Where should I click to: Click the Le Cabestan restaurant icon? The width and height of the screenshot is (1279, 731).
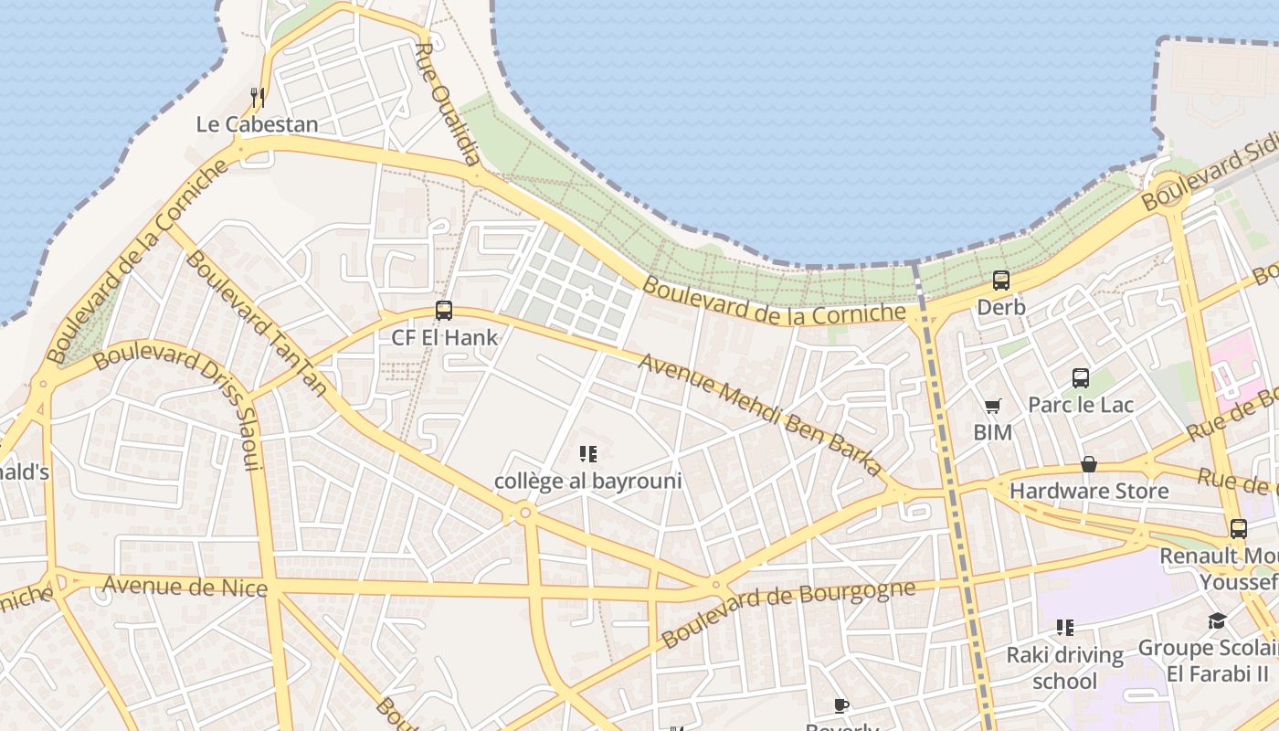pyautogui.click(x=258, y=97)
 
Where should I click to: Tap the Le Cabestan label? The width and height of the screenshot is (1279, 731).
pyautogui.click(x=258, y=124)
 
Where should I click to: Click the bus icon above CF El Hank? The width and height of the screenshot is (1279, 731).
pyautogui.click(x=444, y=311)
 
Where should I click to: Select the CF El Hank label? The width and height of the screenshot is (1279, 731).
pyautogui.click(x=445, y=337)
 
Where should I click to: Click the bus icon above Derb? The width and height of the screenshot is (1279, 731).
pyautogui.click(x=1001, y=281)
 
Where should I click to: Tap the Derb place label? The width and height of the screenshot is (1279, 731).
pyautogui.click(x=1001, y=307)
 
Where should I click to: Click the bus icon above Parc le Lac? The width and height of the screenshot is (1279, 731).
pyautogui.click(x=1081, y=377)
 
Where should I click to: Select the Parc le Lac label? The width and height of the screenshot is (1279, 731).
pyautogui.click(x=1081, y=404)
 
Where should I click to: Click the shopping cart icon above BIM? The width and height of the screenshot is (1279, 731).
pyautogui.click(x=993, y=406)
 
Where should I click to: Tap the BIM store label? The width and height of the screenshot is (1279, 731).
pyautogui.click(x=993, y=432)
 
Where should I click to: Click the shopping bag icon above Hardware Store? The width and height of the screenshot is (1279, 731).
pyautogui.click(x=1089, y=465)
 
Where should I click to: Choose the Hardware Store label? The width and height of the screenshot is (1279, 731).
pyautogui.click(x=1089, y=492)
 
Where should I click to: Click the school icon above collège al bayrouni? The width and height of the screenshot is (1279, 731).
pyautogui.click(x=588, y=454)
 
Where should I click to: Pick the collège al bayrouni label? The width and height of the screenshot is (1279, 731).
pyautogui.click(x=588, y=481)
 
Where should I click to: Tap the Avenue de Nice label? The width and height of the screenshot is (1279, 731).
pyautogui.click(x=185, y=586)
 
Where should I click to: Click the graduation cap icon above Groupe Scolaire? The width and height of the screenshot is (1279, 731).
pyautogui.click(x=1217, y=621)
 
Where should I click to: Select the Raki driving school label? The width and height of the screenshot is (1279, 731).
pyautogui.click(x=1064, y=668)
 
